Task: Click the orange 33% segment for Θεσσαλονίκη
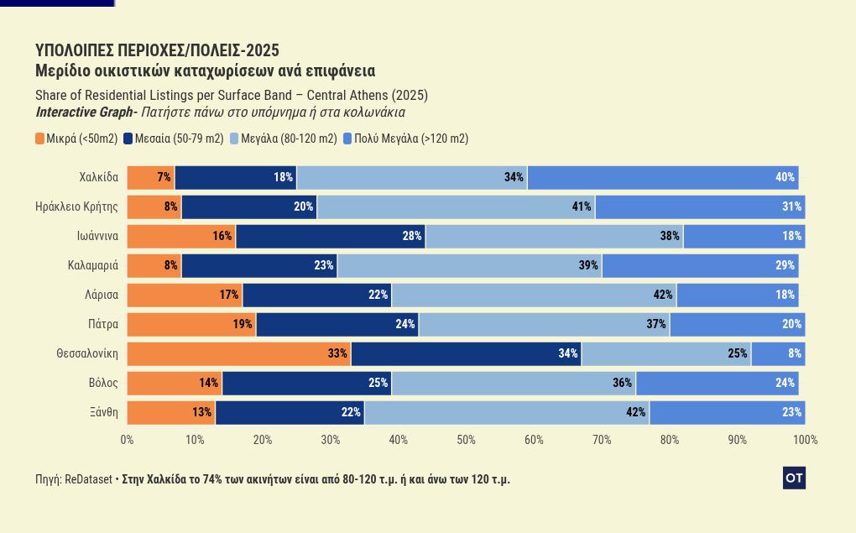pos(239,353)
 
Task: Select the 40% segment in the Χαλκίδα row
pos(663,177)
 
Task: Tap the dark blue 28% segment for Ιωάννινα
pos(331,236)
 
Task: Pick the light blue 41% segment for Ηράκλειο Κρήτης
pos(456,206)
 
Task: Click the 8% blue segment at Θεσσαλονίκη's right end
pos(778,353)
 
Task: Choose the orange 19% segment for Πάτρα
pos(191,324)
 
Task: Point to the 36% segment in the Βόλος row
pos(514,383)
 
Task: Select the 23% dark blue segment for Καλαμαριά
pos(258,265)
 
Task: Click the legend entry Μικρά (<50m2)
pos(76,138)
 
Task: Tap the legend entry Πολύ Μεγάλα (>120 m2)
pos(406,138)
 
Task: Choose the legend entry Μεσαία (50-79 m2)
pos(173,138)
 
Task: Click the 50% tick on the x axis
pos(466,440)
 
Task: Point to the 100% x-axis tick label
pos(805,440)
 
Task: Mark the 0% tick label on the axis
pos(127,440)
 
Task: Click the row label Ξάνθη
pos(103,412)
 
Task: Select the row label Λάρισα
pos(101,295)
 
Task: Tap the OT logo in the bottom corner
pos(794,478)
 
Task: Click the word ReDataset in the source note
pos(88,479)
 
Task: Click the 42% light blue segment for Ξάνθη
pos(507,412)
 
